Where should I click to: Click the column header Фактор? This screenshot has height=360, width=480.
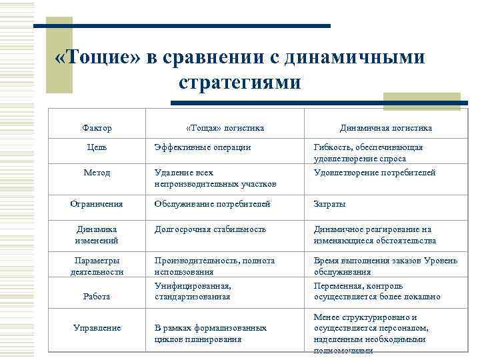coord(97,127)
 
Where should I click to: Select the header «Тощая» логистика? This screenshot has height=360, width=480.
coord(225,127)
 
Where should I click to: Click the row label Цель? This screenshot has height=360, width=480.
coord(97,147)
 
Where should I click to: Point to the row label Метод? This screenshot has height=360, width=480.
coord(97,172)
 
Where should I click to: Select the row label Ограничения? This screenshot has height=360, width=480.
coord(97,204)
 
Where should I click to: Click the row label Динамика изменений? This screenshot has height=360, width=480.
coord(97,235)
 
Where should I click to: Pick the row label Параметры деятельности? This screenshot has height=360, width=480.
coord(97,266)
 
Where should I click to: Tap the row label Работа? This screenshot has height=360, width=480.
coord(97,296)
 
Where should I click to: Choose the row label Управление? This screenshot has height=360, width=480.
coord(97,327)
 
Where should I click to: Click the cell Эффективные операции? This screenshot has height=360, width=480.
coord(203,147)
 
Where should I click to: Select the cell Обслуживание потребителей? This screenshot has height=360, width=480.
coord(213,204)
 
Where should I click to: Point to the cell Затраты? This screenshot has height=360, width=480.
coord(329,204)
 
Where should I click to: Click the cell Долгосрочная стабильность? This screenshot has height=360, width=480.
coord(210,229)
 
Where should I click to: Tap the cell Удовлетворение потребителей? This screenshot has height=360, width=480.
coord(374,172)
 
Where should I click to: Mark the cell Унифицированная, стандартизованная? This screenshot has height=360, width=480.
coord(193,291)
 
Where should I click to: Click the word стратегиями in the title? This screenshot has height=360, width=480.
coord(240,83)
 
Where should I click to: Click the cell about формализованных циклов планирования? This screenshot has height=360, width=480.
coord(210,333)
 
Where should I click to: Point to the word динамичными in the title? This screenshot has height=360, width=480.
coord(353,57)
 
